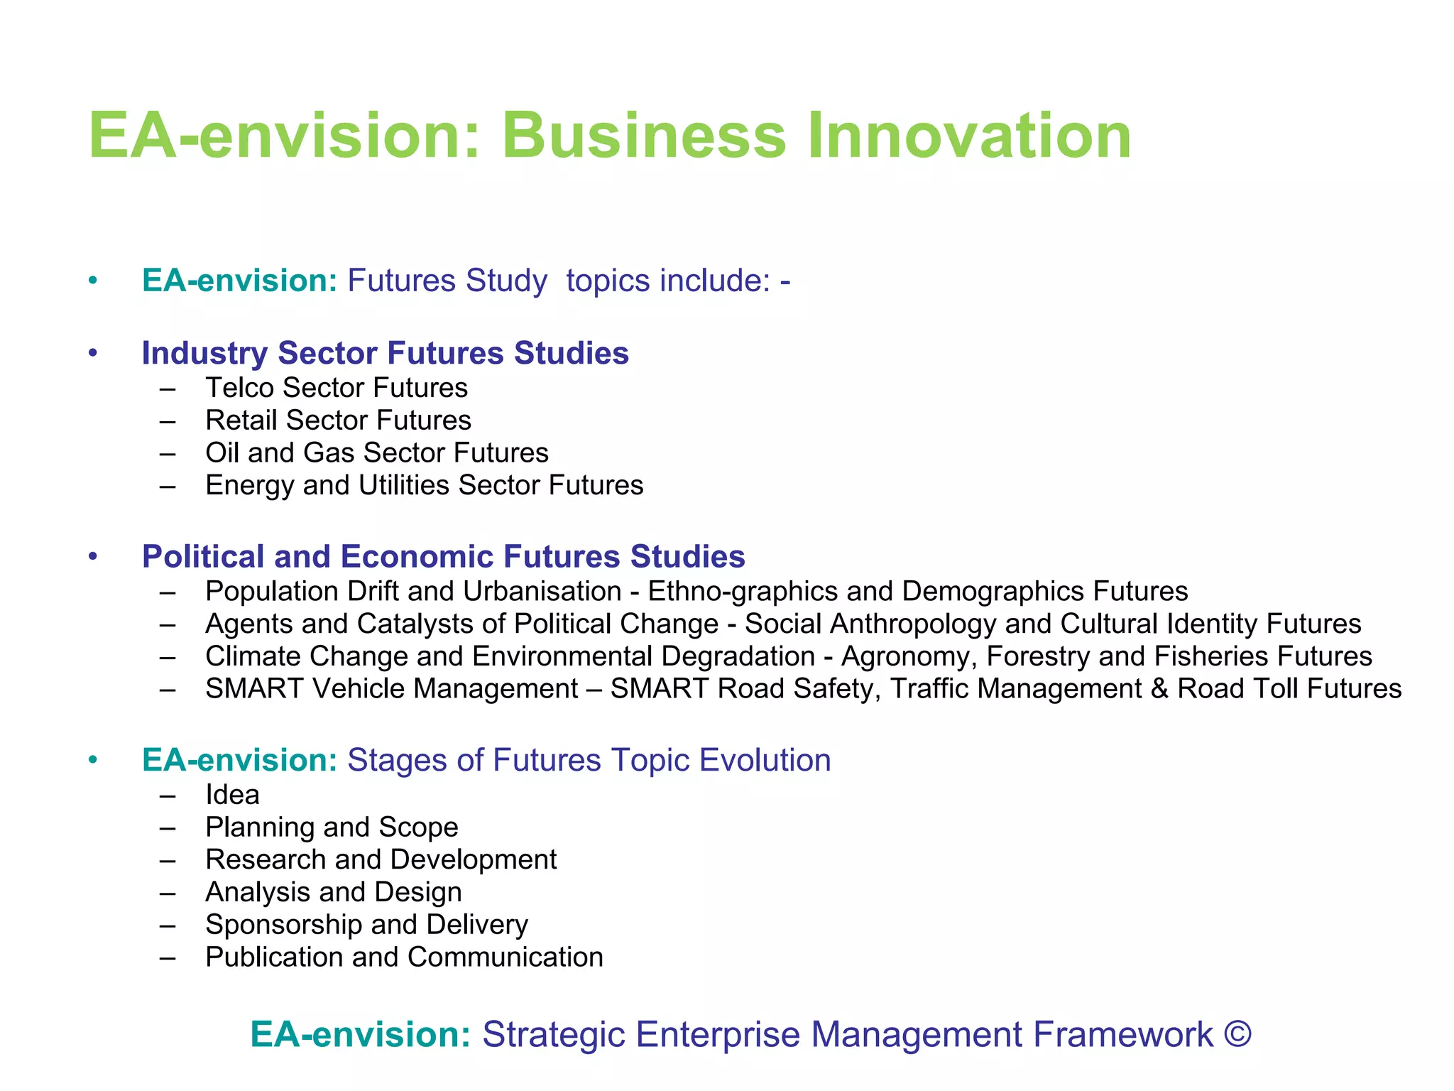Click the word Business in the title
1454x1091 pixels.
coord(644,136)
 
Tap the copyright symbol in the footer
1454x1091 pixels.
coord(1237,1034)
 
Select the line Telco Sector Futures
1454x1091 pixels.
coord(337,388)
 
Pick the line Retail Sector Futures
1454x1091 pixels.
coord(338,420)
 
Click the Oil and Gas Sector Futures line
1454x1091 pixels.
coord(377,453)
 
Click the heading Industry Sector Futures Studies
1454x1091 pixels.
coord(385,353)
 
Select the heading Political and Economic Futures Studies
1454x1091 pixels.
coord(443,556)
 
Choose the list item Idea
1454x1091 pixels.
coord(232,795)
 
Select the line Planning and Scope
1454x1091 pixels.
coord(332,827)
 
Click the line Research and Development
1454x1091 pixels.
coord(381,860)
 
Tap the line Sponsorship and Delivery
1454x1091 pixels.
coord(366,925)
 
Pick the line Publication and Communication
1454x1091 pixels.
coord(404,957)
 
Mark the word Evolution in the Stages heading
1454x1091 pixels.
coord(765,760)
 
